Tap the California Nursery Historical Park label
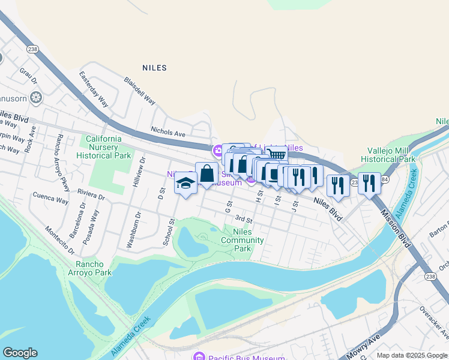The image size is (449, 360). coord(104,147)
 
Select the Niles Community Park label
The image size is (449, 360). coord(243,240)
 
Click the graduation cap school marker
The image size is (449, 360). coord(185,182)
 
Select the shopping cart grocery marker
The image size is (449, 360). coord(276,155)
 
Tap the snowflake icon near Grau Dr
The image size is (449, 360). coord(36,97)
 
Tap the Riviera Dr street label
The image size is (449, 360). coord(91,194)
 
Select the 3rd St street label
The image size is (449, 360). coord(244,219)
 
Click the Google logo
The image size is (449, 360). coord(20,353)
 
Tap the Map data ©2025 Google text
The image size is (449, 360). coord(411,355)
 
